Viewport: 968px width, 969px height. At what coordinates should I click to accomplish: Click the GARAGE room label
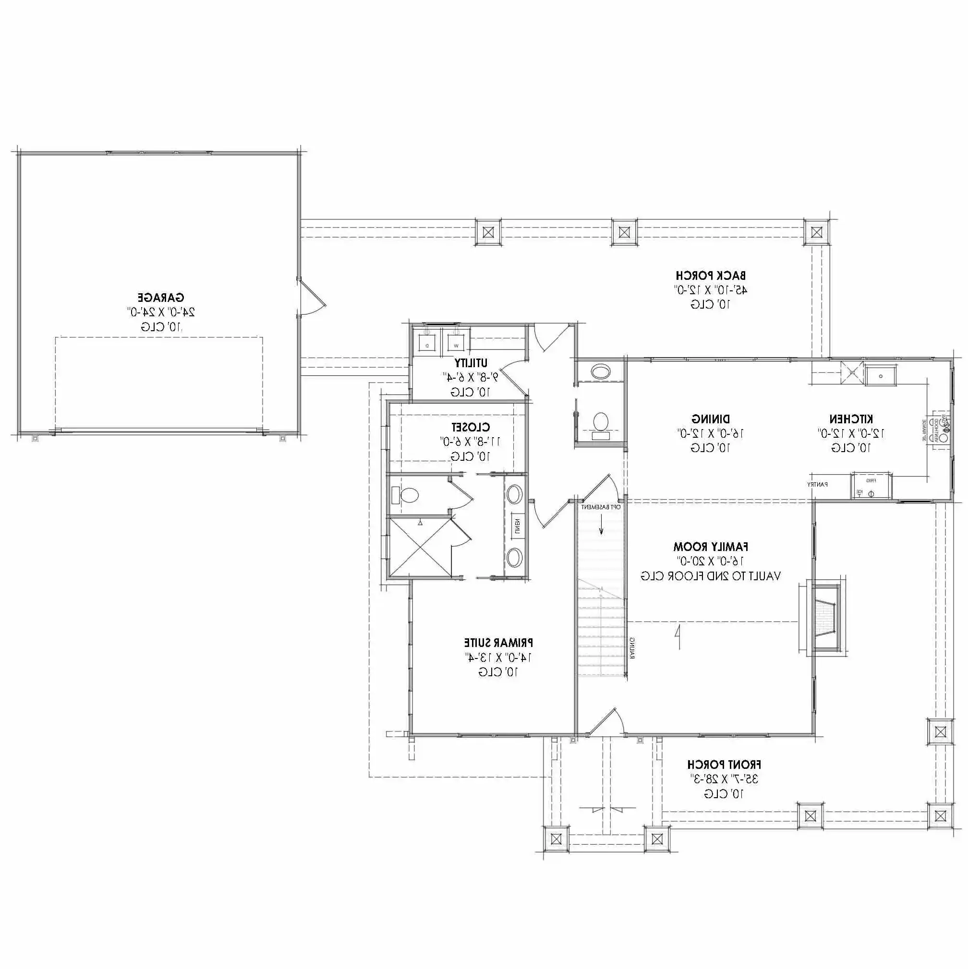coord(160,298)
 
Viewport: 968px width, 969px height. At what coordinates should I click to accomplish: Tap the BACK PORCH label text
coord(710,275)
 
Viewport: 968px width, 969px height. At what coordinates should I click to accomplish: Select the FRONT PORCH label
coord(724,765)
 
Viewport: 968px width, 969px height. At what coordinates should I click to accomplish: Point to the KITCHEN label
coord(850,419)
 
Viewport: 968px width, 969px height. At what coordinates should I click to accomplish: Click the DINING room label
coord(710,419)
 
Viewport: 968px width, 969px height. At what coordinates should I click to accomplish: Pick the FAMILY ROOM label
coord(710,546)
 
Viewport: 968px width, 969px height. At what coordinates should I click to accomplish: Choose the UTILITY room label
coord(470,363)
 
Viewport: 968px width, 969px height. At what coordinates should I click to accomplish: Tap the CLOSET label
coord(470,427)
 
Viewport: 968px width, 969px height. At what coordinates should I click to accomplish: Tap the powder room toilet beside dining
coord(601,423)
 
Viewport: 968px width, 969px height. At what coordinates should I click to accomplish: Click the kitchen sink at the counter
coord(881,375)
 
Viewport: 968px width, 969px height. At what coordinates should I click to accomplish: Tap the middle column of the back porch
coord(624,232)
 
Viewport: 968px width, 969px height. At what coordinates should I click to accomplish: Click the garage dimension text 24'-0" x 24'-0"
coord(160,312)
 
